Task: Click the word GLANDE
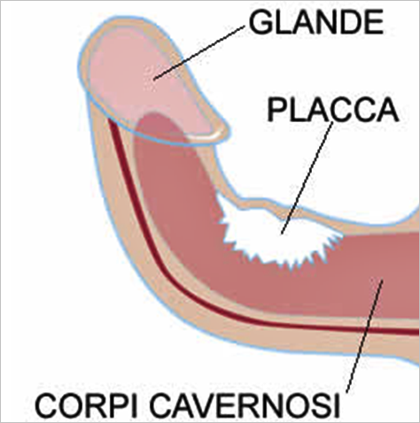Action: click(316, 22)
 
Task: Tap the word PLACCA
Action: click(333, 110)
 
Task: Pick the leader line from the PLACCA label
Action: click(307, 178)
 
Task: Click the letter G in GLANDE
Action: click(261, 22)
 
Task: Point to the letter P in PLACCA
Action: click(276, 110)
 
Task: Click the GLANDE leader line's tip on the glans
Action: click(154, 79)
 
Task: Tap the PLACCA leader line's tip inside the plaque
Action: click(282, 234)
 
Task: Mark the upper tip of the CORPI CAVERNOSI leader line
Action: click(383, 281)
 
